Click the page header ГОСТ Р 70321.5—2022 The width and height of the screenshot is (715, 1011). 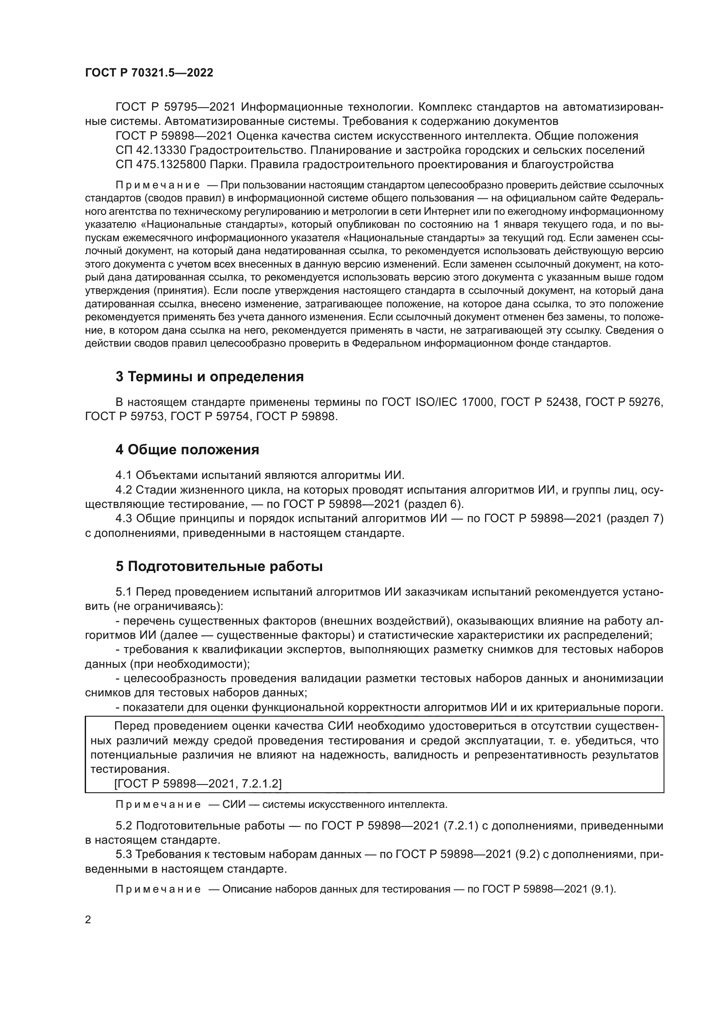[x=149, y=73]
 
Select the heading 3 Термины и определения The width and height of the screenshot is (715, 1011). [x=210, y=376]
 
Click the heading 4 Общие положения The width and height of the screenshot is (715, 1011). [x=187, y=450]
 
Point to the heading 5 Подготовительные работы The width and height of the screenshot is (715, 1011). [x=219, y=566]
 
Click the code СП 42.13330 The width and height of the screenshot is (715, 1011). [x=151, y=150]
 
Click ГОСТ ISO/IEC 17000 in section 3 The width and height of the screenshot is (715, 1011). [x=438, y=402]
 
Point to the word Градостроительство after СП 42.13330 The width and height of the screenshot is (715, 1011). [x=247, y=150]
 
